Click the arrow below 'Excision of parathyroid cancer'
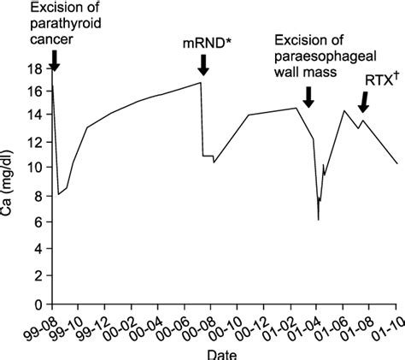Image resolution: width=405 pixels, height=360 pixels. tap(54, 59)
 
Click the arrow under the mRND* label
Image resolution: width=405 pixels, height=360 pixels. tap(203, 64)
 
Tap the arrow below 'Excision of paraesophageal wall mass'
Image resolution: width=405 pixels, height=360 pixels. tap(308, 97)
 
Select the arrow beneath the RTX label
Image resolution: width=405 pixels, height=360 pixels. tap(364, 102)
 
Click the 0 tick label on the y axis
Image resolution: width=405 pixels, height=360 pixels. tap(37, 304)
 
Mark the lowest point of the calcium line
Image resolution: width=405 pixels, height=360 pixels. tap(318, 220)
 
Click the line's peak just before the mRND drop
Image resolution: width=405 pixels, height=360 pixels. tap(201, 82)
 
